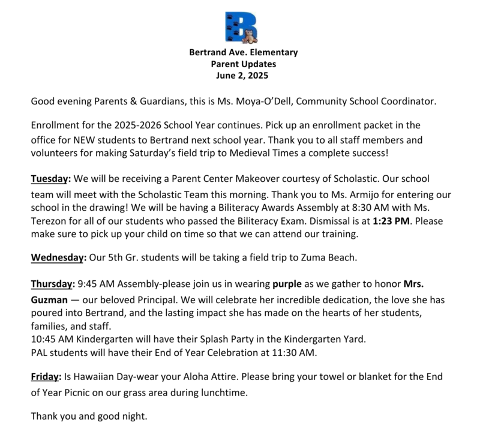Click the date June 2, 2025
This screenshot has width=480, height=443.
[x=243, y=76]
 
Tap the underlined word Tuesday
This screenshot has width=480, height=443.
[x=50, y=179]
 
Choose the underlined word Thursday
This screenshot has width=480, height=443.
[x=52, y=284]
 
